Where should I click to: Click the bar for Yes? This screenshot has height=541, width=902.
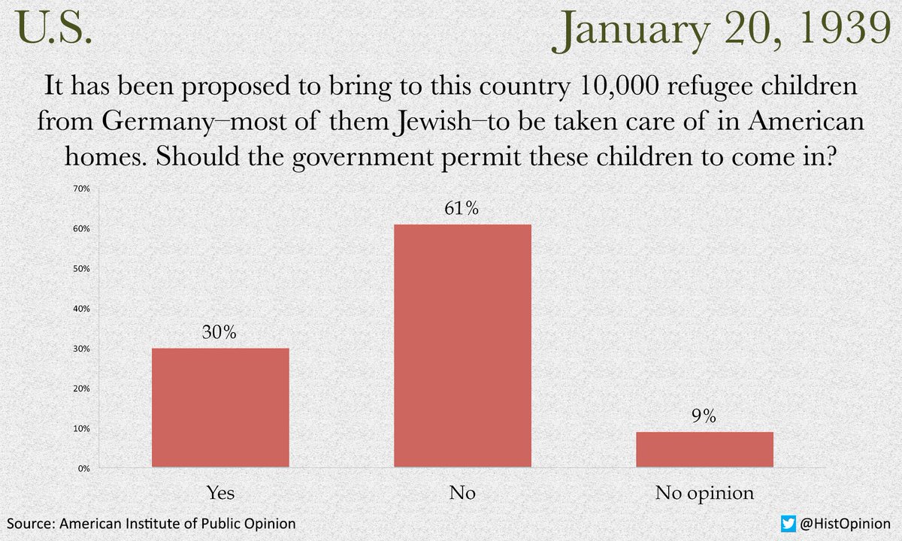point(220,407)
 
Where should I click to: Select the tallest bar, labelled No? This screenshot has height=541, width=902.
point(462,346)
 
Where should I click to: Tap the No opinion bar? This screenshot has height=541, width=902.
point(704,449)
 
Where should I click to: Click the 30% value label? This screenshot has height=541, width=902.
point(219,333)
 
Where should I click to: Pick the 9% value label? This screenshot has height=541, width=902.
point(704,416)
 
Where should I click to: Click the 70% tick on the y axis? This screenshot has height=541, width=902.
point(82,189)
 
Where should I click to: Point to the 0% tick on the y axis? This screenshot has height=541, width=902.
point(83,468)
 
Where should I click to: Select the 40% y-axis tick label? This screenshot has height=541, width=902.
point(82,309)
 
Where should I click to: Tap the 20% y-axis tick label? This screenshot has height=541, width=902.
point(82,388)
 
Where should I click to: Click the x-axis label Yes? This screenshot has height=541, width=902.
point(220,494)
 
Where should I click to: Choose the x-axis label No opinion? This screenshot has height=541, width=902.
point(704,494)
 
